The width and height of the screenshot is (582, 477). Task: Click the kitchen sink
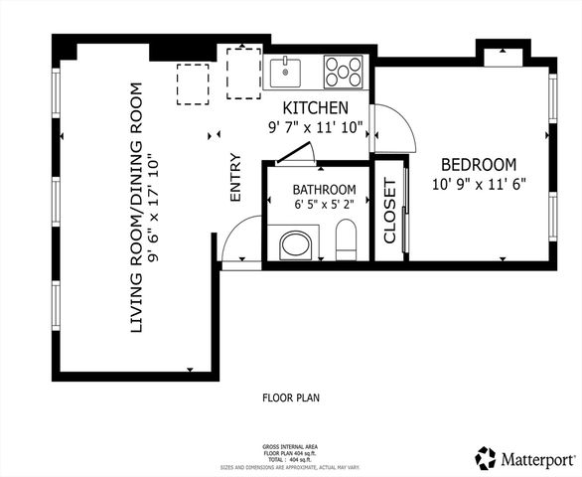tap(287, 71)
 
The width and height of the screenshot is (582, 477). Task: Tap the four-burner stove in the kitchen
tap(343, 71)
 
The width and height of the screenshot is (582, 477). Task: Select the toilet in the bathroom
tap(346, 238)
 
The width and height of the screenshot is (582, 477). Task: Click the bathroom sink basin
tap(295, 244)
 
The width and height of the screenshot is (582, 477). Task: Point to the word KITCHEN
tap(315, 108)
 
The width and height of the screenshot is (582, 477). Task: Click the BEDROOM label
tap(479, 164)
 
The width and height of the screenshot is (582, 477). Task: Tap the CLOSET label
tap(389, 212)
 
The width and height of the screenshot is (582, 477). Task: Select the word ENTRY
tap(235, 177)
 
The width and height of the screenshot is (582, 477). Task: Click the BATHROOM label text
tap(324, 190)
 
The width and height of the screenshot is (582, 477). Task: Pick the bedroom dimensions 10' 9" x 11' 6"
tap(479, 184)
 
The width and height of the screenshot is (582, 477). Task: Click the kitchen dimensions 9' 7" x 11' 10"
tap(316, 128)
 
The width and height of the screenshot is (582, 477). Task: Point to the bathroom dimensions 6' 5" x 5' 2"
tap(324, 206)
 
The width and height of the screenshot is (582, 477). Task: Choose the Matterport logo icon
tap(486, 458)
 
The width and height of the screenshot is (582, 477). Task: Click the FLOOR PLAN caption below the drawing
tap(291, 397)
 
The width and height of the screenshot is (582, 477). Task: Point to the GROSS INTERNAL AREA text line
tap(291, 447)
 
